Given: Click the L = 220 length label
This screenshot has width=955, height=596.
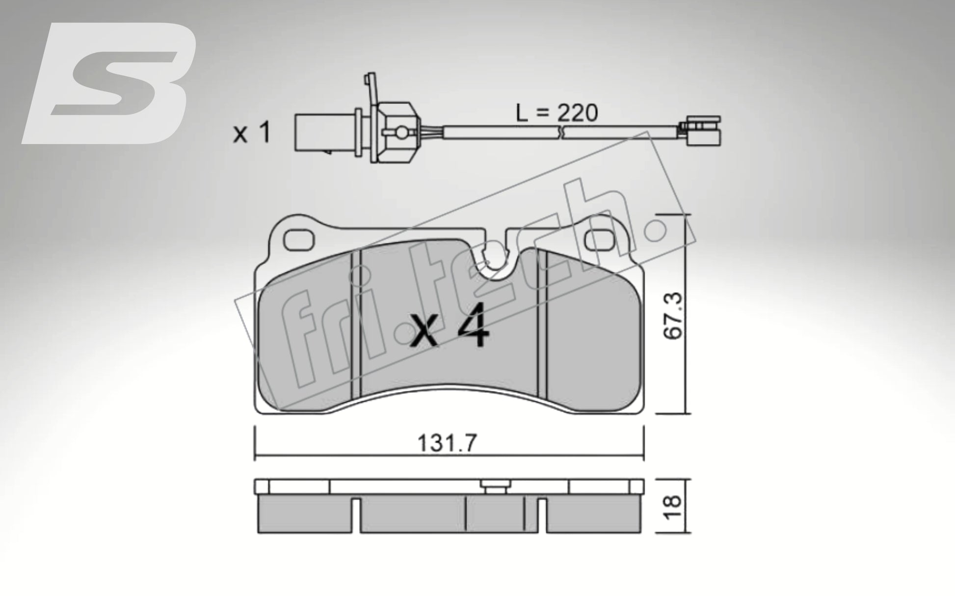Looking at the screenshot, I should click(557, 113).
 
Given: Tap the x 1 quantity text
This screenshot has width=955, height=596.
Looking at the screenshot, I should click(252, 133).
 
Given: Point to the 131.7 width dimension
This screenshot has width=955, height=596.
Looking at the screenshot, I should click(447, 444).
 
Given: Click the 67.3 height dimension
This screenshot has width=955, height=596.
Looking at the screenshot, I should click(673, 315).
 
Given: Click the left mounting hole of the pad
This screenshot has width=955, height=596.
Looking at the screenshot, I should click(299, 240).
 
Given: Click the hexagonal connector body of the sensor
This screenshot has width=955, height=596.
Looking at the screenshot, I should click(396, 133).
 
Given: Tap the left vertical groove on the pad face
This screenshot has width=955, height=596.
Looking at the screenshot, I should click(356, 324).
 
